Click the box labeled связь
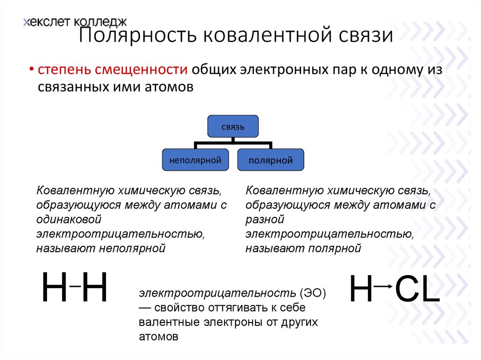click(x=233, y=127)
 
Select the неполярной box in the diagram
click(x=195, y=160)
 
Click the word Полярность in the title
click(x=134, y=36)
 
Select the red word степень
click(x=65, y=70)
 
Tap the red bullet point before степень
click(x=31, y=70)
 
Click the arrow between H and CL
click(x=384, y=285)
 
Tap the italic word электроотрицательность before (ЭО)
click(x=217, y=293)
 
